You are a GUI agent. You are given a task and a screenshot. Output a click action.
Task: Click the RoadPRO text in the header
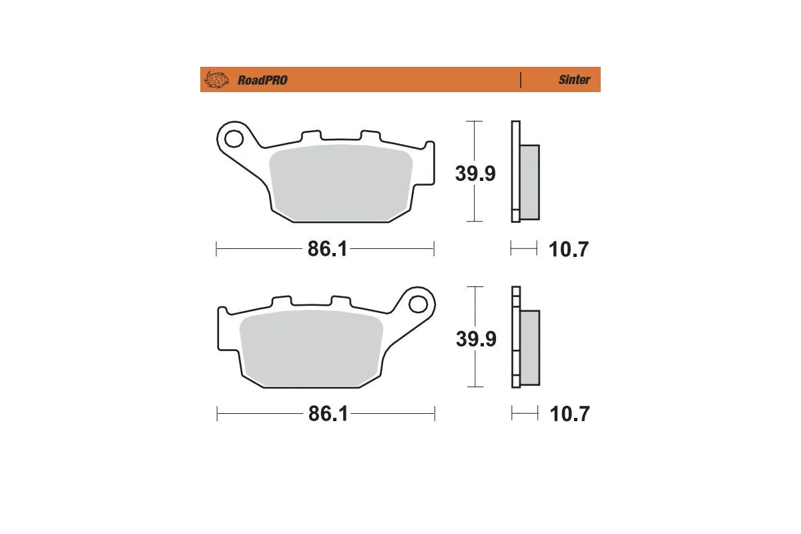(x=262, y=80)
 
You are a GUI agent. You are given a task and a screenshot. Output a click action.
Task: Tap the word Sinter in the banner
(x=574, y=79)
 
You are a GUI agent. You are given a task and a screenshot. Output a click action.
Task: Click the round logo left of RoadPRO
(x=216, y=80)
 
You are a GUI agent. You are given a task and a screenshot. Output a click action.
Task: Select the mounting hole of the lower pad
(x=419, y=304)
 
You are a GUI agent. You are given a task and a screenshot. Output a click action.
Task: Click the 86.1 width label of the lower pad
(x=328, y=415)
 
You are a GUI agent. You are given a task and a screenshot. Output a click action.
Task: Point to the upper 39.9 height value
(x=475, y=174)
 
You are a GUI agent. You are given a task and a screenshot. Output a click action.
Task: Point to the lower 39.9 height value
(x=476, y=338)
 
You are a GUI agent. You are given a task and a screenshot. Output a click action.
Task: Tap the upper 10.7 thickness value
(x=569, y=250)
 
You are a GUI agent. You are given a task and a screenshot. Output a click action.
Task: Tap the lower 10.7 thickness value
(x=569, y=415)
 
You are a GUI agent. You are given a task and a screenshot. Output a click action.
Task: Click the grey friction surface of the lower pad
(x=310, y=348)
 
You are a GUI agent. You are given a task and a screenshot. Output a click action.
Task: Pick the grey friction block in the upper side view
(x=529, y=182)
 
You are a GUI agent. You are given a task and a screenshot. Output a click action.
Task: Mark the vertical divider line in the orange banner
(x=520, y=79)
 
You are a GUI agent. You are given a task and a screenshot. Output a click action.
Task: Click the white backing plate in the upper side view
(x=515, y=171)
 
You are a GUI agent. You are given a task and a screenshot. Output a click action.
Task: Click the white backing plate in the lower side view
(x=515, y=337)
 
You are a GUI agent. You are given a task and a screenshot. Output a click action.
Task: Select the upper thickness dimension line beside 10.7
(x=523, y=250)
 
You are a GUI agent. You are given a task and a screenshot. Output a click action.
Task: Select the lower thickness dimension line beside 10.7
(x=525, y=415)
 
